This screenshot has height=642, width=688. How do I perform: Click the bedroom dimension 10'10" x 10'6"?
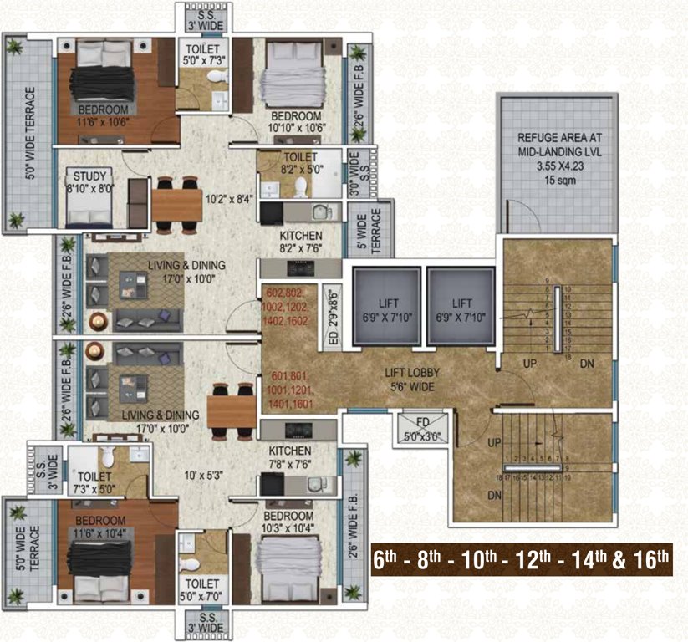click(x=296, y=128)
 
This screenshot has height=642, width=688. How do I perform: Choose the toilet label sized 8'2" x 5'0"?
click(x=299, y=163)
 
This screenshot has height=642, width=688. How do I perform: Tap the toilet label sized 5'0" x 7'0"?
click(x=202, y=588)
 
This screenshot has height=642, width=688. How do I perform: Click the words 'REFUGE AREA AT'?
click(x=559, y=139)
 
